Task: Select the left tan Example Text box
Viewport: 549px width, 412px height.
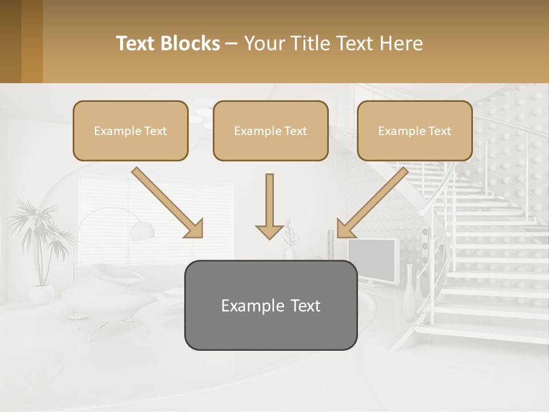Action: click(130, 130)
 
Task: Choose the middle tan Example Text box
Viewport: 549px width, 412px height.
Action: click(270, 130)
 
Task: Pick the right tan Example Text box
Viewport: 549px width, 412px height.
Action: click(415, 130)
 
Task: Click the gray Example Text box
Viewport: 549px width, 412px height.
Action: click(270, 305)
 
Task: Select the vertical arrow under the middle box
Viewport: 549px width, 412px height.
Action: click(269, 206)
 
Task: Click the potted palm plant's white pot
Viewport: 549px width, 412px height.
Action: click(42, 294)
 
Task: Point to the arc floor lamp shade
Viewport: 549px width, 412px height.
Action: click(142, 231)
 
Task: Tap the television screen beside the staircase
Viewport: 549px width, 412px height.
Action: click(372, 260)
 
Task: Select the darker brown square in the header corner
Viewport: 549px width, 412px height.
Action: click(11, 41)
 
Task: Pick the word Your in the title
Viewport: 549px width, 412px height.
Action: click(264, 43)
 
